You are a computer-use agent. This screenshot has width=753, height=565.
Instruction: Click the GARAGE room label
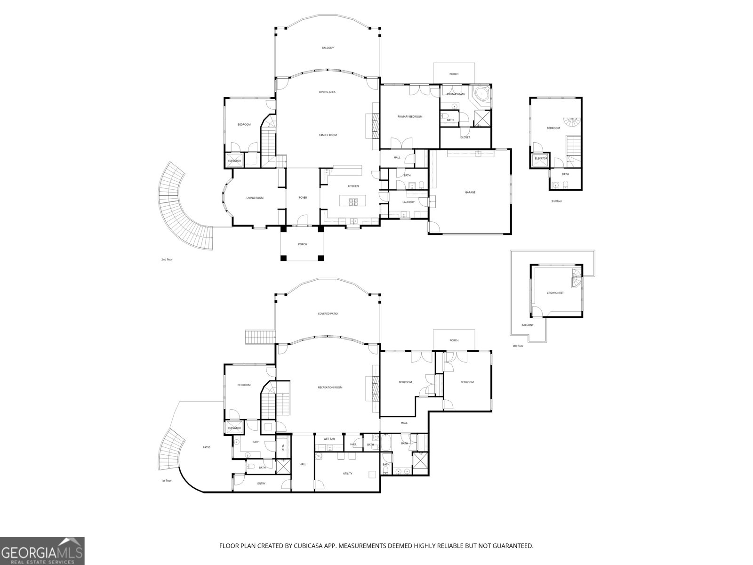click(x=470, y=192)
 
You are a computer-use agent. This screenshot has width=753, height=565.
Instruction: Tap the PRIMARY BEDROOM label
click(x=410, y=117)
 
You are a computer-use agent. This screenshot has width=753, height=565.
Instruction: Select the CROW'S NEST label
click(x=555, y=293)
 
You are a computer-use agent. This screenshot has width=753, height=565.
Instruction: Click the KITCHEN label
click(x=353, y=186)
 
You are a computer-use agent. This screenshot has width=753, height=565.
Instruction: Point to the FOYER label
click(x=303, y=198)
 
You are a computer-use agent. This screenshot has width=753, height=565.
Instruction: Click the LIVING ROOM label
click(x=255, y=198)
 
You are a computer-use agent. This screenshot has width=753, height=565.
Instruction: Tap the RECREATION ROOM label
click(x=330, y=387)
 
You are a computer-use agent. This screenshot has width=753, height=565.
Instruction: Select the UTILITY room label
click(x=347, y=474)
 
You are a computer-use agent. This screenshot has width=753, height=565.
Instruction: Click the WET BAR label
click(x=329, y=439)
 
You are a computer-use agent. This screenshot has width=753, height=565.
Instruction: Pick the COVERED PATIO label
click(x=328, y=314)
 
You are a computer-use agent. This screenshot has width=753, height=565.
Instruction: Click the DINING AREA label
click(x=327, y=92)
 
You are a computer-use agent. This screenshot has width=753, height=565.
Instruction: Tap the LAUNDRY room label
click(x=409, y=202)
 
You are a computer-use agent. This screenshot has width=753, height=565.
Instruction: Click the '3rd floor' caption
click(x=557, y=201)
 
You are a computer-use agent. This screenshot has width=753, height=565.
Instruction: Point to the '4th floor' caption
click(x=518, y=346)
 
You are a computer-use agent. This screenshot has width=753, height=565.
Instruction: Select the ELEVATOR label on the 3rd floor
click(x=541, y=159)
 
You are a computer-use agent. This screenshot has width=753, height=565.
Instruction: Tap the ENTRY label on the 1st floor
click(x=261, y=484)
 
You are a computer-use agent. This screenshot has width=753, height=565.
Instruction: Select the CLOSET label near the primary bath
click(x=465, y=137)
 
